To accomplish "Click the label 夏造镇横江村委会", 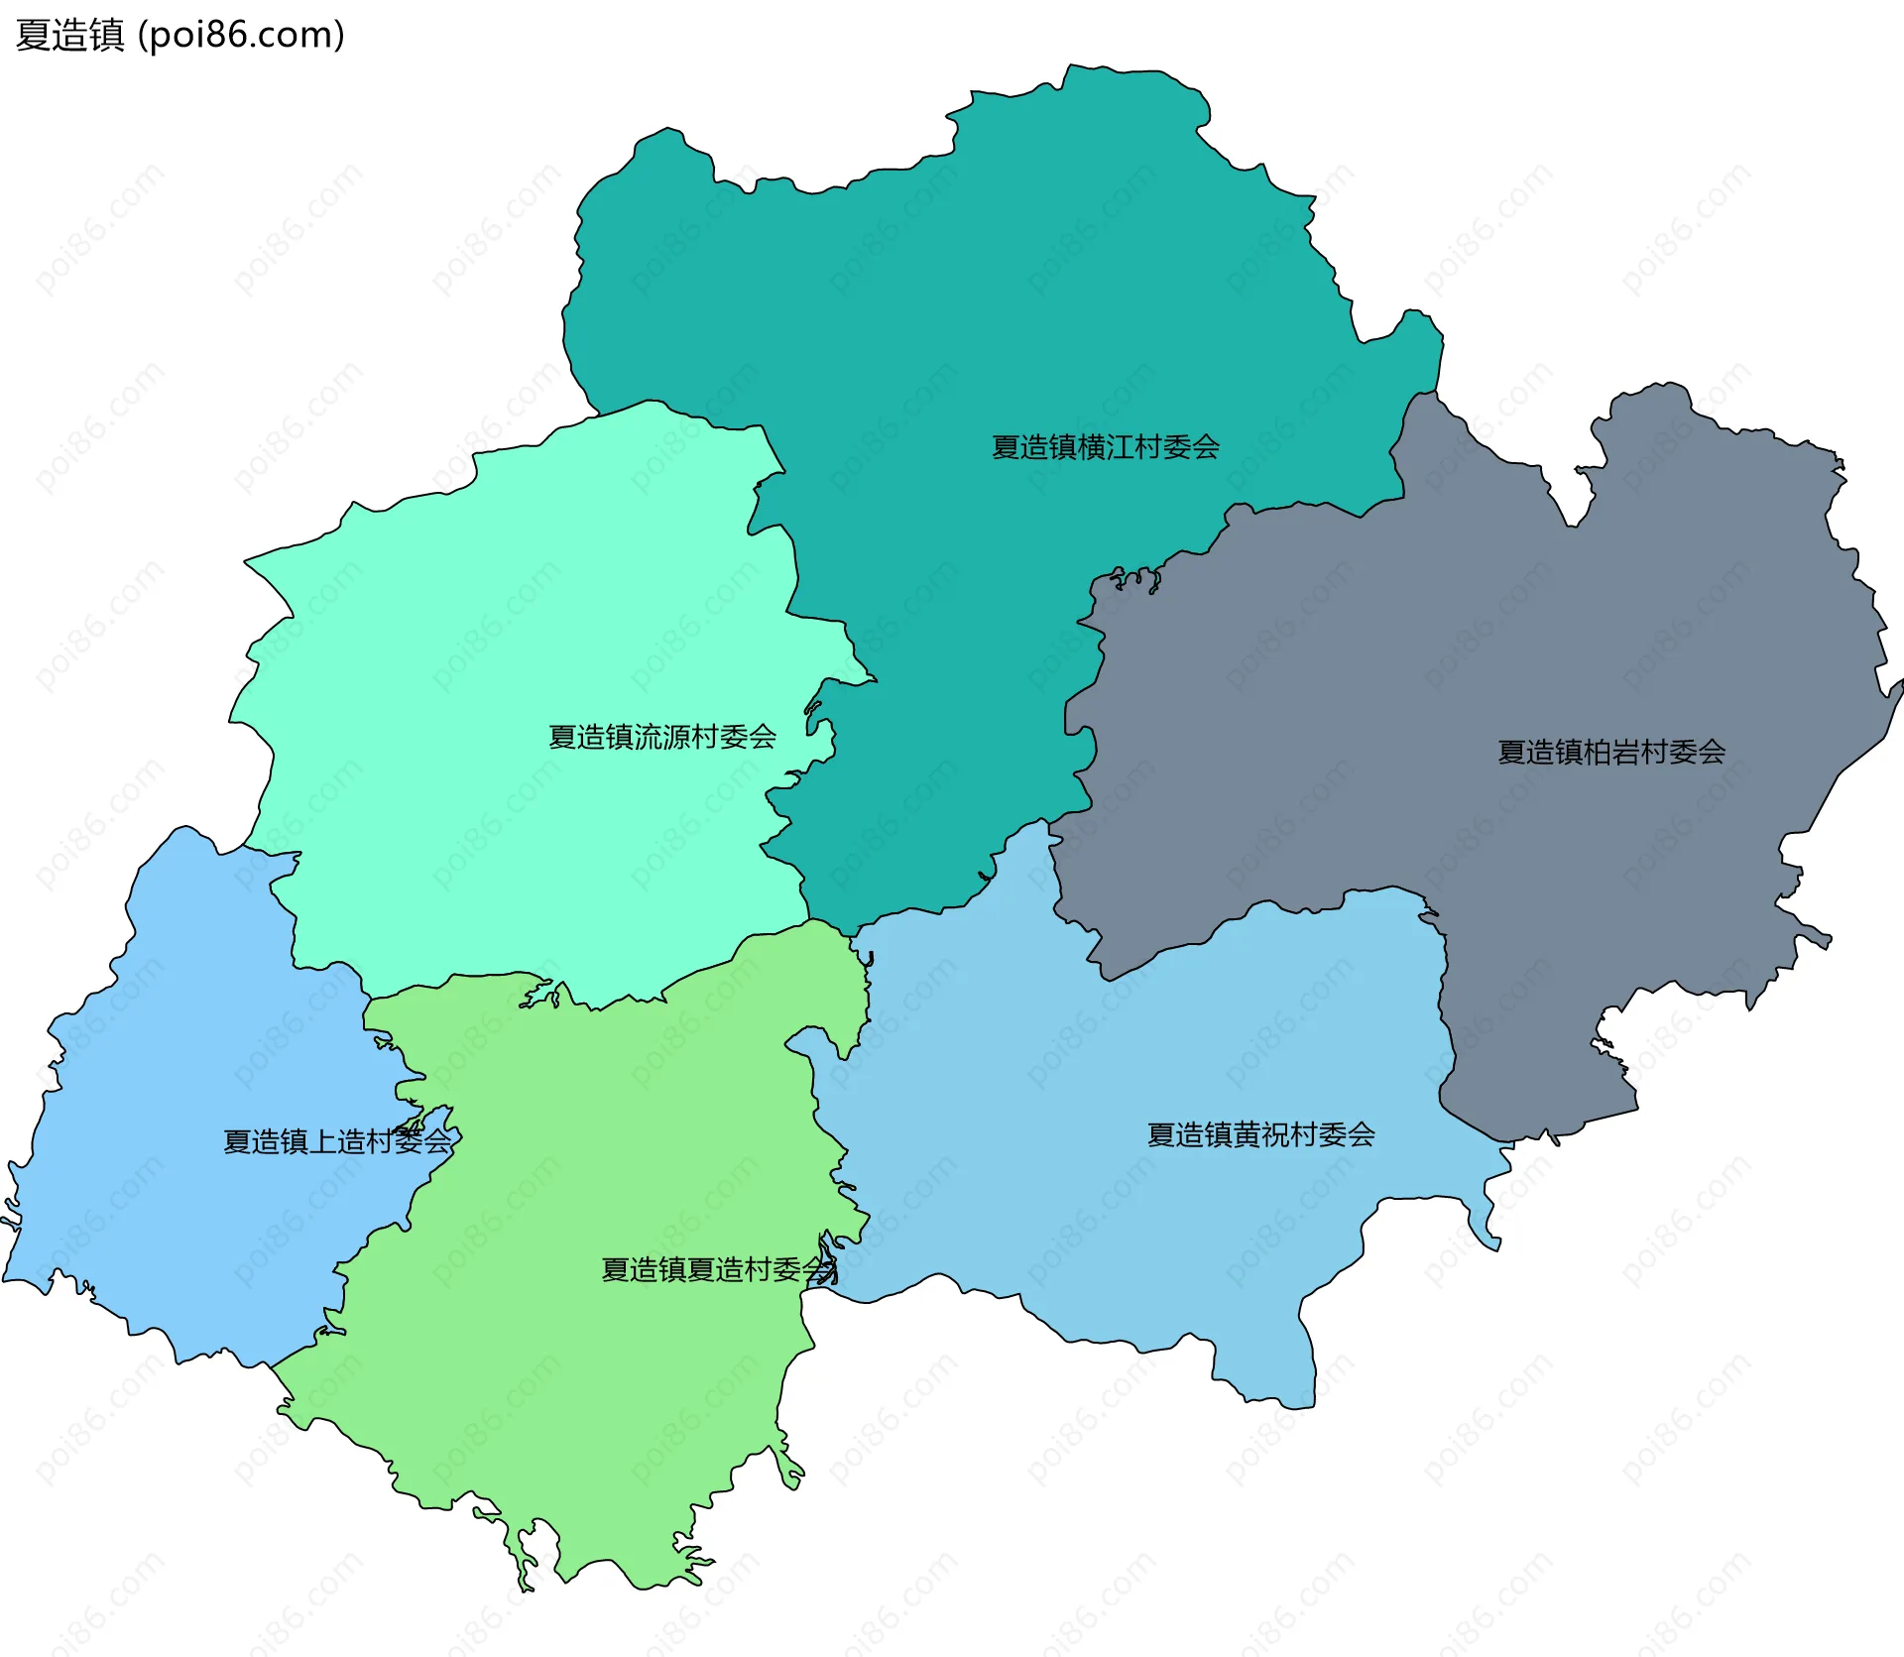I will click(x=1105, y=447).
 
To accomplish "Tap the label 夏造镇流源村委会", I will click(x=661, y=737).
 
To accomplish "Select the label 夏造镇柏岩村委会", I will click(x=1610, y=752).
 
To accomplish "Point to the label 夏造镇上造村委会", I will click(x=336, y=1141).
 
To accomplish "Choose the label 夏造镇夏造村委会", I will click(x=716, y=1269).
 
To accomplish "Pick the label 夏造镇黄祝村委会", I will click(x=1260, y=1134).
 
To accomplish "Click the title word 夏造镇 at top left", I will click(x=69, y=35).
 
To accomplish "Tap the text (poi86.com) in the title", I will click(x=241, y=35).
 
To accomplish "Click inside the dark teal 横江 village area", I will click(x=992, y=297).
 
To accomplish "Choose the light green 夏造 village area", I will click(x=595, y=1388).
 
